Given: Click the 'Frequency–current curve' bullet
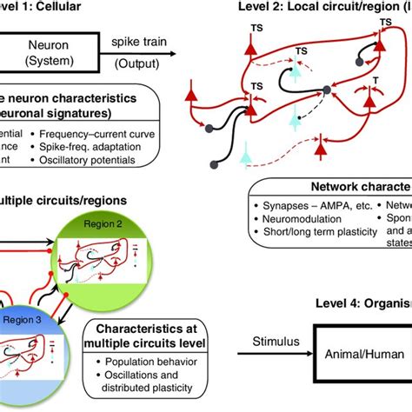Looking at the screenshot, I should [113, 134].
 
